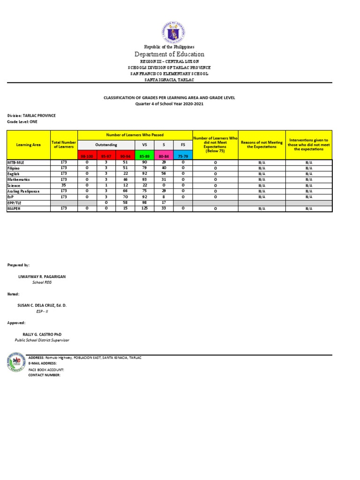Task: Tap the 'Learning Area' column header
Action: (x=29, y=145)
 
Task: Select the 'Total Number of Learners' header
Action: (x=64, y=145)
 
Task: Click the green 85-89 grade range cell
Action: (x=144, y=156)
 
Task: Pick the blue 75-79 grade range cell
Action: (x=183, y=156)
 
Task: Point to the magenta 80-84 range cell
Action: (x=164, y=156)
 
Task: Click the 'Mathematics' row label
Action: (x=18, y=180)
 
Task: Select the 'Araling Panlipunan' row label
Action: (x=23, y=191)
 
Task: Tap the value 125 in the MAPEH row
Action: (x=144, y=209)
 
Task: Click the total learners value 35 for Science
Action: (x=64, y=185)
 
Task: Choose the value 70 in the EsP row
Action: (x=125, y=197)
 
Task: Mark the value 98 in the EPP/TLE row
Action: (x=144, y=203)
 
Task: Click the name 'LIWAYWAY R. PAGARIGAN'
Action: (x=42, y=277)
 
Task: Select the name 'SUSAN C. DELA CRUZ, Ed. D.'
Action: (x=42, y=305)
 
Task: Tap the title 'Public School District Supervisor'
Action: (x=42, y=340)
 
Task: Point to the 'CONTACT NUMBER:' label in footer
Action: (x=45, y=375)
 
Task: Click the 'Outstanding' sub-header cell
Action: (x=106, y=145)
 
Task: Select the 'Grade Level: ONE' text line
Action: (x=22, y=121)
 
